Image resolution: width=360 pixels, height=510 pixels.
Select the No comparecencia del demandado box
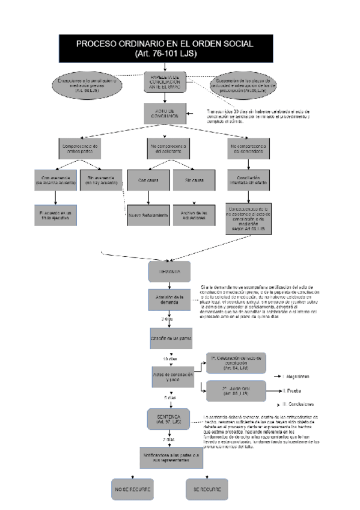tap(250, 148)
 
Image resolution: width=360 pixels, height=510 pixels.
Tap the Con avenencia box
tap(55, 181)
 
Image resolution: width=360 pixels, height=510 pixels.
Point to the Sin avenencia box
tap(102, 181)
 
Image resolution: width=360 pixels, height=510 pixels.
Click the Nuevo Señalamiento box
tap(147, 214)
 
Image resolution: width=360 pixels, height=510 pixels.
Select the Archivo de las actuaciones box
tap(194, 214)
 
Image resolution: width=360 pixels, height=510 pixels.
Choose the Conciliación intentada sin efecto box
tap(250, 181)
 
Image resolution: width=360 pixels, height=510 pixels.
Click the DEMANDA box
tap(169, 272)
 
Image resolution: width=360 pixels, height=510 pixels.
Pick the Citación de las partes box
tap(169, 338)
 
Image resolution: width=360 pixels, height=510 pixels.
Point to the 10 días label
tap(169, 360)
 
